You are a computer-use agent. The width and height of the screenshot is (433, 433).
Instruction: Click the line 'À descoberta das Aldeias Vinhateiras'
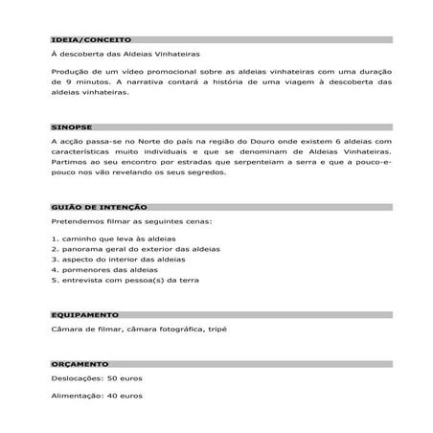(125, 56)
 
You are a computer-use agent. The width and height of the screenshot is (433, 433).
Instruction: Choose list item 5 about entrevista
(125, 282)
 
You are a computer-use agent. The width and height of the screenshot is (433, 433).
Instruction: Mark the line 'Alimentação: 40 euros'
(96, 397)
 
